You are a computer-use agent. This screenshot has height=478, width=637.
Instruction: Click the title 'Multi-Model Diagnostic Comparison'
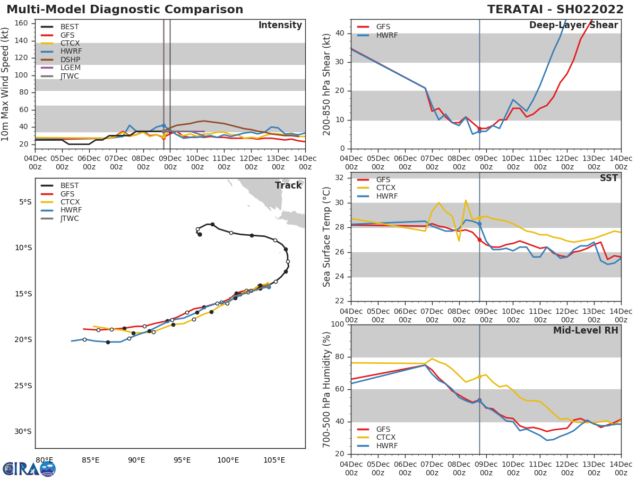click(125, 10)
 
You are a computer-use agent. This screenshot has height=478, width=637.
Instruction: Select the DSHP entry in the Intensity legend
click(70, 59)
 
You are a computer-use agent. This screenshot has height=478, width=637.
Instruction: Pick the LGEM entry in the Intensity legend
click(70, 68)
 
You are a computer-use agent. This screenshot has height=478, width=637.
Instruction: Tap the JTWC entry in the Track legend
click(70, 218)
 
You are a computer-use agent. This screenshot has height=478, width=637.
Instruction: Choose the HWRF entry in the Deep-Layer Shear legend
click(386, 36)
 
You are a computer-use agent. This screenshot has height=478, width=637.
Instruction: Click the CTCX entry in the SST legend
click(386, 188)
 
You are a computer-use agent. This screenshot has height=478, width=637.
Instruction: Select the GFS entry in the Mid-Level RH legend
click(383, 429)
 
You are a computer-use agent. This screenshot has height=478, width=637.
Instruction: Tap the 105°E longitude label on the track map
click(274, 460)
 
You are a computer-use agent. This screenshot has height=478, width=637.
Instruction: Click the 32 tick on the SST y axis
click(339, 178)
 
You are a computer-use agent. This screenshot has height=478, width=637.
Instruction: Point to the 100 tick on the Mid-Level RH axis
click(337, 325)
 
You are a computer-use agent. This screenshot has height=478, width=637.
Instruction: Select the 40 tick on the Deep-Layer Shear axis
click(339, 33)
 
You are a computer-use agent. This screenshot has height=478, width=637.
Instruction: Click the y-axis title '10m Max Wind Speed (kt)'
click(6, 84)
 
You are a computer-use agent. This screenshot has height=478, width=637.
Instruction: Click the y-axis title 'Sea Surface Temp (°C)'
click(327, 237)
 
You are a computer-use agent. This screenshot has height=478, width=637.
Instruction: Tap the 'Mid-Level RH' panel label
click(586, 330)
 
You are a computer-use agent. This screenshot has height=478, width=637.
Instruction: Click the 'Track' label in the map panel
click(288, 185)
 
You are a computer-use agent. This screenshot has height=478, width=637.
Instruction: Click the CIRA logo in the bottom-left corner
click(29, 468)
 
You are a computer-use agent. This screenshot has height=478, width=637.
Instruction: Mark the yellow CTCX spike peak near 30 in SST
click(466, 200)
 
